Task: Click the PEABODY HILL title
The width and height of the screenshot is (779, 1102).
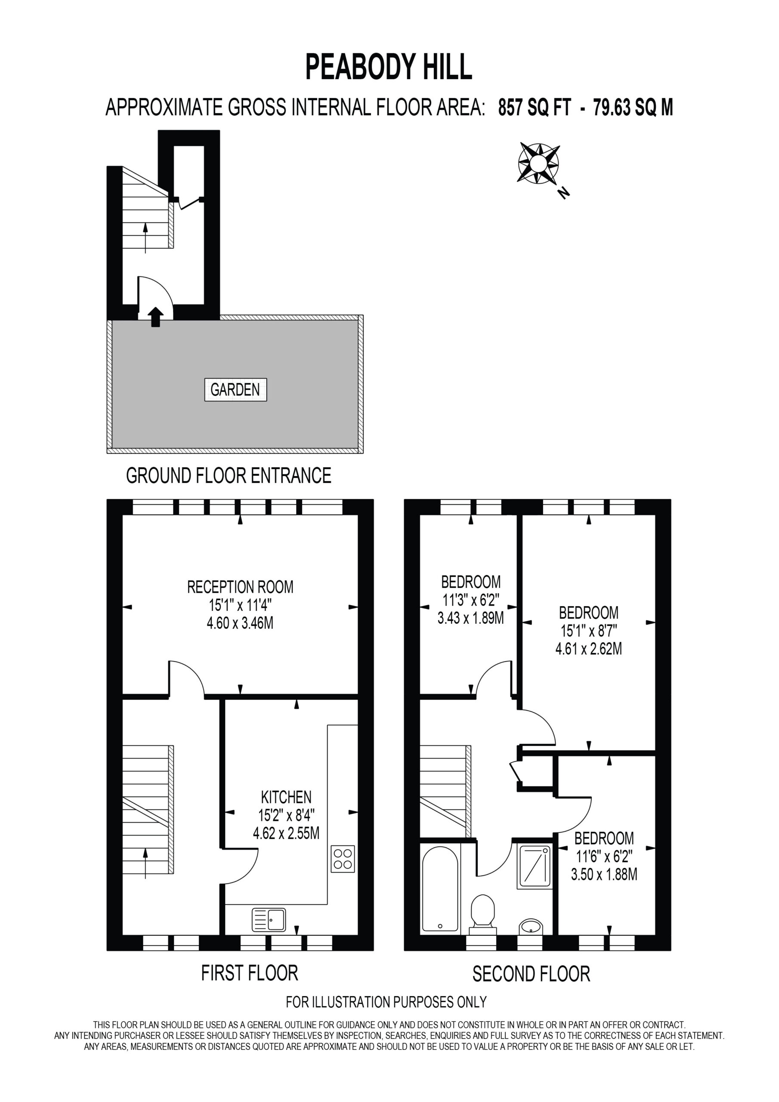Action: tap(389, 67)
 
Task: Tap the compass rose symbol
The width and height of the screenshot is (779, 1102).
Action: tap(538, 163)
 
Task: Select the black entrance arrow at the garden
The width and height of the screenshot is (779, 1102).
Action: tap(155, 317)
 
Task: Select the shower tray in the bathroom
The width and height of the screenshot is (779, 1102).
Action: tap(534, 867)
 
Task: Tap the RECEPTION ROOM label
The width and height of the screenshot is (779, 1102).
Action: tap(240, 587)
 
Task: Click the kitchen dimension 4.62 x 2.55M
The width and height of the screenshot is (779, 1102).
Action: tap(286, 833)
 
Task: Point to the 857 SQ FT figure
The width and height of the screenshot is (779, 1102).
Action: tap(535, 107)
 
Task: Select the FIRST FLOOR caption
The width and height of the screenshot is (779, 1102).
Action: tap(250, 973)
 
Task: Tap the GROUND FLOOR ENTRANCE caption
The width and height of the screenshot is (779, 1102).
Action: tap(229, 475)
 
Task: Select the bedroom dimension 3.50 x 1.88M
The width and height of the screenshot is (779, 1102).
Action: tap(604, 874)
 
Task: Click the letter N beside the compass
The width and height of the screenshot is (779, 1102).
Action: tap(564, 193)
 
